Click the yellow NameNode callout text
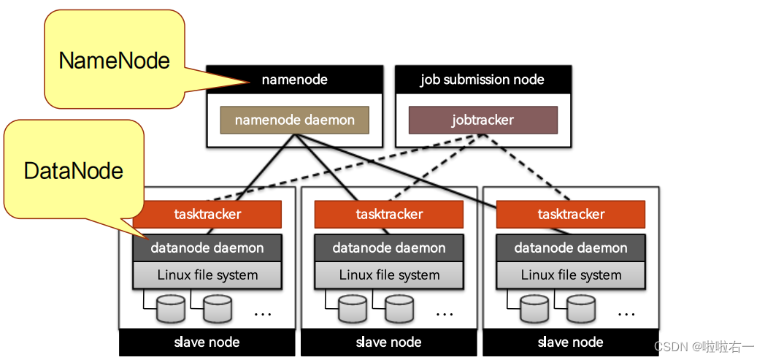114,61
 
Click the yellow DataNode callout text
73,171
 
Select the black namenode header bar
294,80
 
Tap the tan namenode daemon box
294,120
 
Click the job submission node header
482,80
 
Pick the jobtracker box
483,120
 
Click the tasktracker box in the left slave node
207,214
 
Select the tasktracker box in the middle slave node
389,214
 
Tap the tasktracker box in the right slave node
571,214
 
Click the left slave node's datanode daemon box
207,248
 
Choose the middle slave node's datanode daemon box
389,248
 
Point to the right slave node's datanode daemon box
571,248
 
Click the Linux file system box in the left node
207,275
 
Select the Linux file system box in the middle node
389,275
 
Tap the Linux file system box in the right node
571,275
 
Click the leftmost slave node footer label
207,342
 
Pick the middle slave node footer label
388,342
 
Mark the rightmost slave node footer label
570,342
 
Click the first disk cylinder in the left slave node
171,309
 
